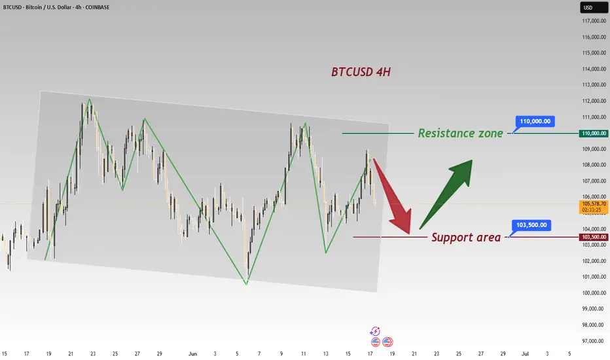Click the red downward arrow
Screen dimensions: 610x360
click(392, 196)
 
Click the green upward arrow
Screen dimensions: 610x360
click(446, 194)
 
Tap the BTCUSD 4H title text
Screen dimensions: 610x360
click(361, 72)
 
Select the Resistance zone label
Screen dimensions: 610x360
click(460, 133)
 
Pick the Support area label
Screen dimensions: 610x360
click(465, 237)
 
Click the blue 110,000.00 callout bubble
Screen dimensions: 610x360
click(535, 122)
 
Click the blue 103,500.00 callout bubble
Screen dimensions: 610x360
click(531, 225)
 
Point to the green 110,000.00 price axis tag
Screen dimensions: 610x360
click(594, 134)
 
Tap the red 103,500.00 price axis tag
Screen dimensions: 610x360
click(594, 237)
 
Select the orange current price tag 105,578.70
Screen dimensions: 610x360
click(594, 207)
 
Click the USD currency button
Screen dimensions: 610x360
click(594, 7)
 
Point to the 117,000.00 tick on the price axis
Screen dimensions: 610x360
click(594, 21)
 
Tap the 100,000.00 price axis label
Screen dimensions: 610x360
click(594, 293)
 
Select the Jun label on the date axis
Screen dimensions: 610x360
click(192, 353)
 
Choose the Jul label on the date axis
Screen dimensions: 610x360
click(525, 353)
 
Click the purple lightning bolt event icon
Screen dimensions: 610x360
click(375, 331)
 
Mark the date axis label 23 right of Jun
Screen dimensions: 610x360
click(437, 353)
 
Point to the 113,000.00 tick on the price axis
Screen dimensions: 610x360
click(594, 85)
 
